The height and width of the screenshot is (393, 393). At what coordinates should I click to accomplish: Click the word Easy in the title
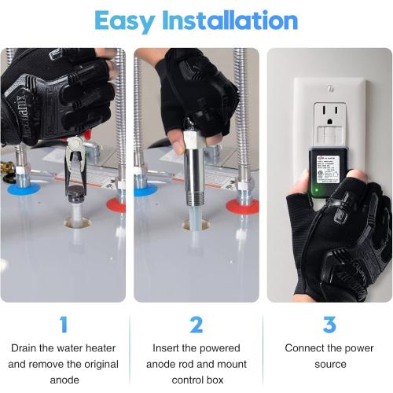click(123, 20)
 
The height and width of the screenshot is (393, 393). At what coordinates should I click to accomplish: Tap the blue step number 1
click(64, 324)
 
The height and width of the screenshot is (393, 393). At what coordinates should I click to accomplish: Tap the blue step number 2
click(196, 324)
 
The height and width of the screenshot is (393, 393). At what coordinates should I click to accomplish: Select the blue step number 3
click(329, 324)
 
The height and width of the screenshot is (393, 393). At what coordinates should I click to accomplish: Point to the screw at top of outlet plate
click(330, 89)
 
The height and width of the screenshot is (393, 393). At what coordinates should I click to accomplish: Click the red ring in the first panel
click(116, 204)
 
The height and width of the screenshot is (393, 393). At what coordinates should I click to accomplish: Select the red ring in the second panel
click(243, 206)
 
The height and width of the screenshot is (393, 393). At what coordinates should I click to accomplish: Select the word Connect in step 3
click(307, 348)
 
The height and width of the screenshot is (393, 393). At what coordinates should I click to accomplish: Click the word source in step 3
click(330, 364)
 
